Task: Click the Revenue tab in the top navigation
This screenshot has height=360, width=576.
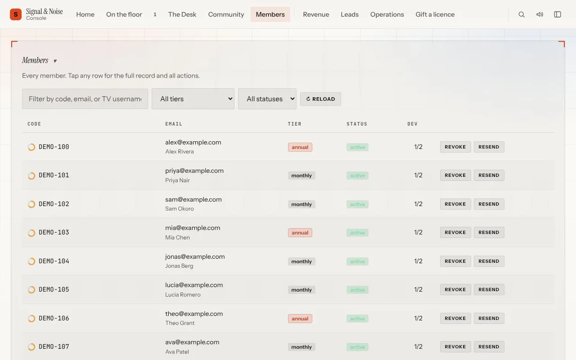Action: (316, 14)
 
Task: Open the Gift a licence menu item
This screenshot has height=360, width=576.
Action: (435, 14)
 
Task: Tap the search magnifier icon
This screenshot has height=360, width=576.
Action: (521, 14)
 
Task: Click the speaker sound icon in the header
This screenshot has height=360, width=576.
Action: (540, 14)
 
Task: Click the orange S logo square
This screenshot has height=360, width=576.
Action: (16, 14)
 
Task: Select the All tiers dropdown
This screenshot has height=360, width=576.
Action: (193, 99)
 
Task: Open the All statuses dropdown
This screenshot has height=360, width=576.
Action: (267, 99)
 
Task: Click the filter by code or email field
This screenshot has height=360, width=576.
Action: (85, 99)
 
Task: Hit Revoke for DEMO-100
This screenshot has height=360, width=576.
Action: (455, 147)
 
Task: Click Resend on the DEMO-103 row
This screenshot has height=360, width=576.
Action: (489, 232)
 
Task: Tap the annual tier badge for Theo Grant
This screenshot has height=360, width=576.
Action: (300, 319)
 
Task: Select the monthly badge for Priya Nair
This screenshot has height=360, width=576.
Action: (301, 175)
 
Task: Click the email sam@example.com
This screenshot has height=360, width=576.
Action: (193, 199)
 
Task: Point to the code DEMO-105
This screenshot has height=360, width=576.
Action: (54, 289)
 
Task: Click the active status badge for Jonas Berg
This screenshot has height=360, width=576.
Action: (357, 261)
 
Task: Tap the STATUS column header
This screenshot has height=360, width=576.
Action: (357, 124)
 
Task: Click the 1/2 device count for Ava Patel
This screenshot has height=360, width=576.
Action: (418, 346)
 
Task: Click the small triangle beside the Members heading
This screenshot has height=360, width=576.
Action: (55, 61)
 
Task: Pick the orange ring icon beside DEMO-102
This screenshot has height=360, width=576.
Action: (31, 204)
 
